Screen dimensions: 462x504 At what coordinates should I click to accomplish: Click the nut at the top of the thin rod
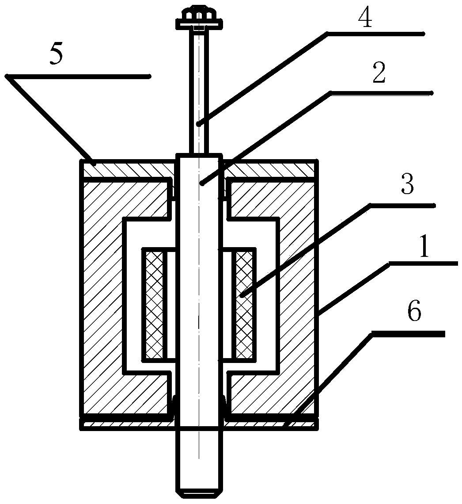(x=198, y=14)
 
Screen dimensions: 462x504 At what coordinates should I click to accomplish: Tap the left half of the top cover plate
(x=128, y=168)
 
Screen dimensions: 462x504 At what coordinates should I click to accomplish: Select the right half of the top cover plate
(x=269, y=168)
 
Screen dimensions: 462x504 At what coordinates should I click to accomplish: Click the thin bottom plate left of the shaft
(x=128, y=424)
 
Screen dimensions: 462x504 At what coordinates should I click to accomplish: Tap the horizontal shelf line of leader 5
(x=78, y=76)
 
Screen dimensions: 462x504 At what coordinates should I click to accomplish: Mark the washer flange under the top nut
(x=198, y=23)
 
